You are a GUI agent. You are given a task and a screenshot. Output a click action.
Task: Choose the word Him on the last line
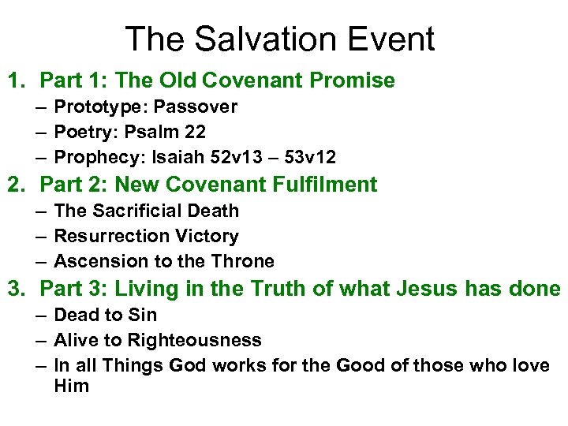tap(71, 386)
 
